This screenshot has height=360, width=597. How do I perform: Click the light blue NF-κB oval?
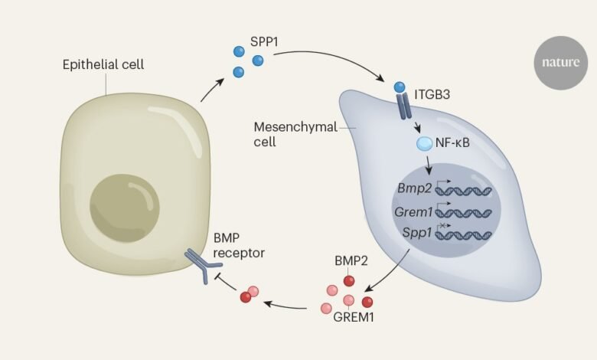(425, 143)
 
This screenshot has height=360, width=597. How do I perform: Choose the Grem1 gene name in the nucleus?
(413, 211)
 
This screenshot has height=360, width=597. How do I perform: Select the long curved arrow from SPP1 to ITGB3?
(330, 58)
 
